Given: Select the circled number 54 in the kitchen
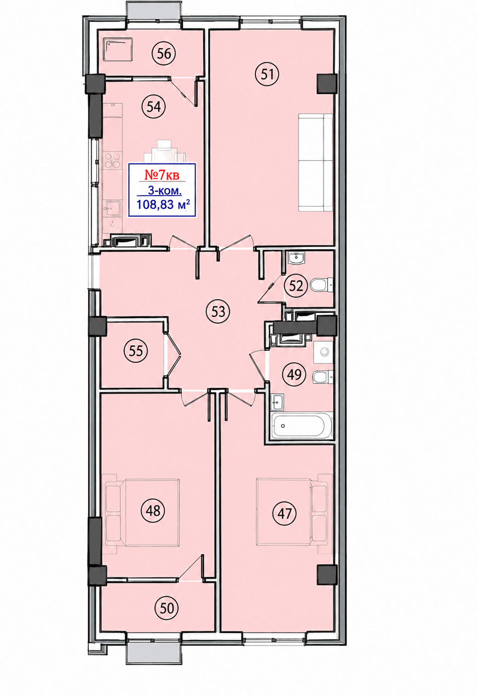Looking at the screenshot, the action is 154,107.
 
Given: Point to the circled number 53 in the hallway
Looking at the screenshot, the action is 218,312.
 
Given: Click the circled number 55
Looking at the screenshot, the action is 136,351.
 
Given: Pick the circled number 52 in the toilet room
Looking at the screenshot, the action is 296,285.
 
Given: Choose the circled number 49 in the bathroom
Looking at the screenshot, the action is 294,375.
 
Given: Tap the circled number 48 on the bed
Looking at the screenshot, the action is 153,511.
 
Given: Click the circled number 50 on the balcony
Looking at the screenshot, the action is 167,608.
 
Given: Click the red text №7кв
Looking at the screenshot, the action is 162,175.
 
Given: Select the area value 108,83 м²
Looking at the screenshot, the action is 163,205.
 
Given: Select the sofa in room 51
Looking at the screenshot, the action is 315,163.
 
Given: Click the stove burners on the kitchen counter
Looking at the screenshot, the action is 112,159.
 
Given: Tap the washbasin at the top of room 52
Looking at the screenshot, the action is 296,258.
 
